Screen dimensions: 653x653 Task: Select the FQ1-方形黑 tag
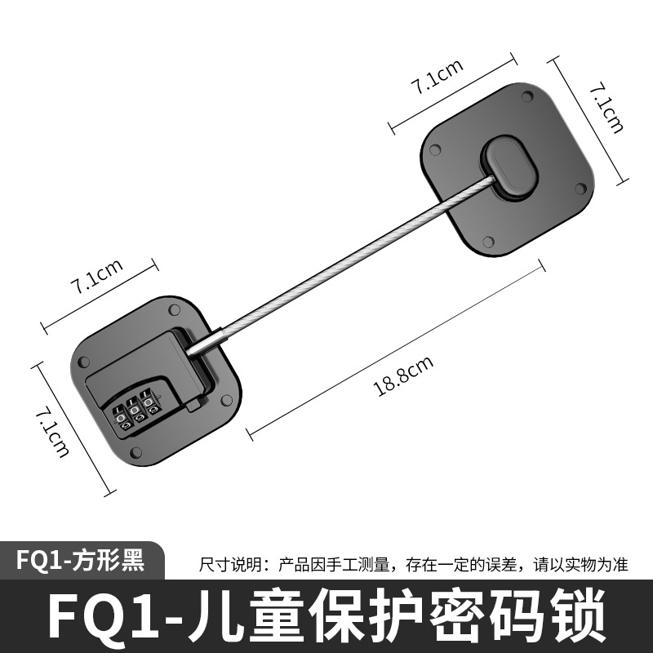pos(80,561)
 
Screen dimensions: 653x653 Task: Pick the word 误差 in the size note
pos(510,564)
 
